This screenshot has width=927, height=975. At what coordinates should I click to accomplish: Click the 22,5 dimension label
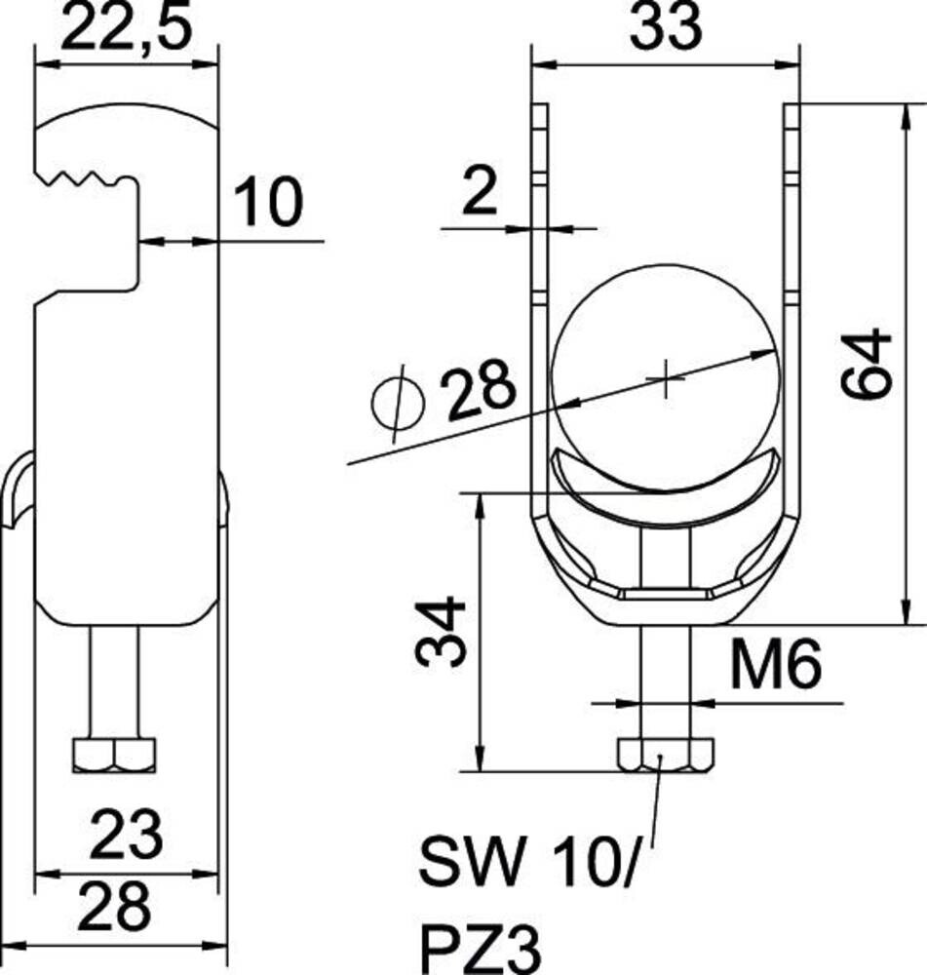pos(125,27)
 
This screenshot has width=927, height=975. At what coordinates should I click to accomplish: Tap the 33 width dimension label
pos(665,27)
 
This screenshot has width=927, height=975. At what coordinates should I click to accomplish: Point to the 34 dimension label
pos(441,632)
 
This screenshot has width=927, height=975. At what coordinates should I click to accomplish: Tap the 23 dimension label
pos(127,835)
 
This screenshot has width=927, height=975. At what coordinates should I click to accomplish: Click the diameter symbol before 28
pos(398,403)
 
